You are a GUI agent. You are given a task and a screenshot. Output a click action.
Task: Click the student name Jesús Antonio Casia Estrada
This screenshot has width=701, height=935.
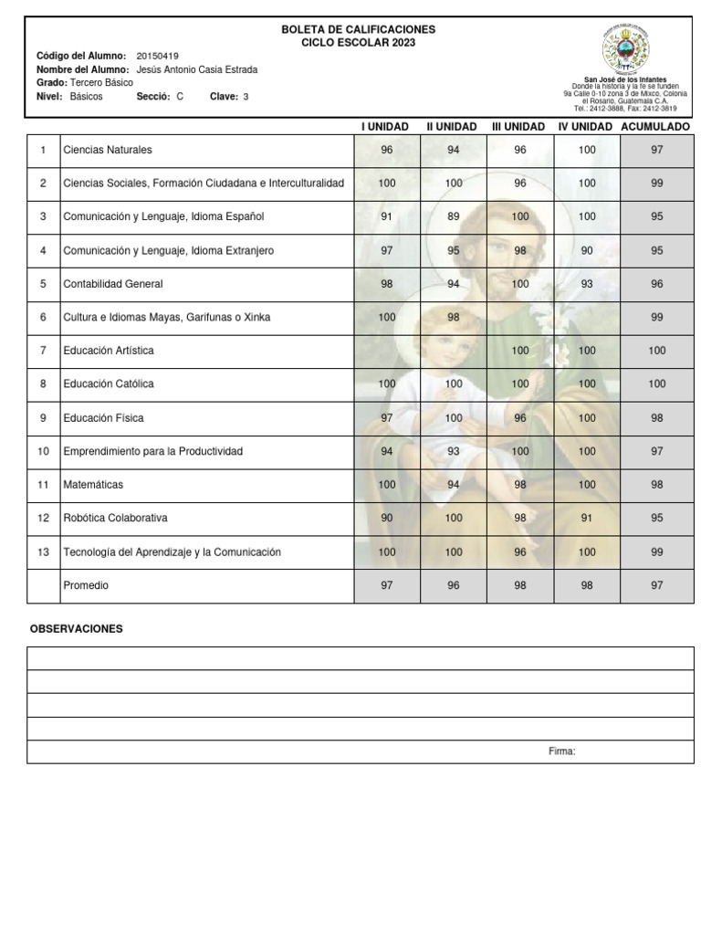point(196,69)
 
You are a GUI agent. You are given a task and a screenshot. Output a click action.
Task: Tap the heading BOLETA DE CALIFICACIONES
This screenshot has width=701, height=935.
point(358,30)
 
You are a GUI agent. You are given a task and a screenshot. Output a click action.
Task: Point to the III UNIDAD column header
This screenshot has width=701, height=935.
point(518,126)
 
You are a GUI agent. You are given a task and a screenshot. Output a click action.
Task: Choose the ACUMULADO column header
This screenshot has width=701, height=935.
point(655,126)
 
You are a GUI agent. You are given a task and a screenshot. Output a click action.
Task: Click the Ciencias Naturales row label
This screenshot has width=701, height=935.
point(108,150)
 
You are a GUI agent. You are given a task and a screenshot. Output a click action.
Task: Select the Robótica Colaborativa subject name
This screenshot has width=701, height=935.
point(115,518)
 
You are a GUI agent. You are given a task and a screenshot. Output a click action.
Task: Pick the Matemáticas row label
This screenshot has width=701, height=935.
point(93,485)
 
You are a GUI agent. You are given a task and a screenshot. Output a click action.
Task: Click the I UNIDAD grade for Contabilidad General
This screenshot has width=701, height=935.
point(387,284)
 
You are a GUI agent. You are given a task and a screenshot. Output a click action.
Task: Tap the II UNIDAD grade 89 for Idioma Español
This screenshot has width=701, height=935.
point(454,217)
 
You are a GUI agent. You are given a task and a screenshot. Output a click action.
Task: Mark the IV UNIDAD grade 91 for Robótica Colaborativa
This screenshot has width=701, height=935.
point(587,518)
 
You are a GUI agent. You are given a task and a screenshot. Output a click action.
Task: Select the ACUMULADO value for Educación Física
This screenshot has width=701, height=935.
point(656,418)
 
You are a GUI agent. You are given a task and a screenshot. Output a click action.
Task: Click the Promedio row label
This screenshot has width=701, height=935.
point(86,585)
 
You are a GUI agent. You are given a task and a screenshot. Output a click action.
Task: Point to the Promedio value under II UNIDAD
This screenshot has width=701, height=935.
point(454,585)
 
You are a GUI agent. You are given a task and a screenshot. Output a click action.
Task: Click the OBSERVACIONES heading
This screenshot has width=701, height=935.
point(76,629)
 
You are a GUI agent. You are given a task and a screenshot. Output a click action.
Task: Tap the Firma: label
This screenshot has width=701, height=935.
point(561,751)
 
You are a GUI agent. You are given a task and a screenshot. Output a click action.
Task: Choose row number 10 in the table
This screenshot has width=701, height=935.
point(43,451)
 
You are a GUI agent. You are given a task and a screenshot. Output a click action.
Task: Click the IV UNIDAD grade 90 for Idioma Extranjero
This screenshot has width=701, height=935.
point(587,250)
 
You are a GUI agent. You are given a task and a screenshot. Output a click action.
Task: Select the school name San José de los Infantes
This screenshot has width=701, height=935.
point(625,80)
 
